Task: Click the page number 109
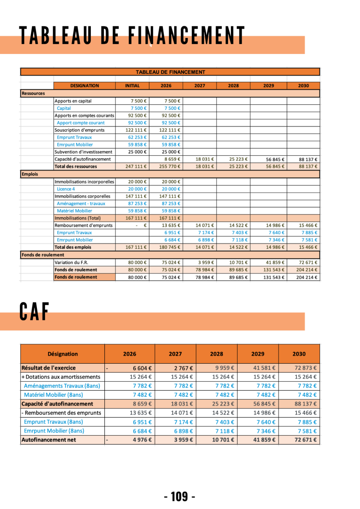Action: [x=180, y=496]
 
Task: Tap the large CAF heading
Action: [x=34, y=312]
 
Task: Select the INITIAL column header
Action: [x=132, y=86]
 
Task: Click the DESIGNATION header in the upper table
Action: [x=85, y=86]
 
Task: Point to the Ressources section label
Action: [x=33, y=94]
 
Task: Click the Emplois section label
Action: [x=29, y=174]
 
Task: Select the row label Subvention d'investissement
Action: [x=83, y=152]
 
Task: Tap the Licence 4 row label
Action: [x=66, y=189]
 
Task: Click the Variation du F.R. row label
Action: [x=72, y=262]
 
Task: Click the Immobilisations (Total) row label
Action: [x=77, y=218]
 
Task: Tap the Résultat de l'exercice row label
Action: [x=49, y=368]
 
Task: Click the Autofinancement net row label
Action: [x=49, y=440]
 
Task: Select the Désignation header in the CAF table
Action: [x=63, y=354]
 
